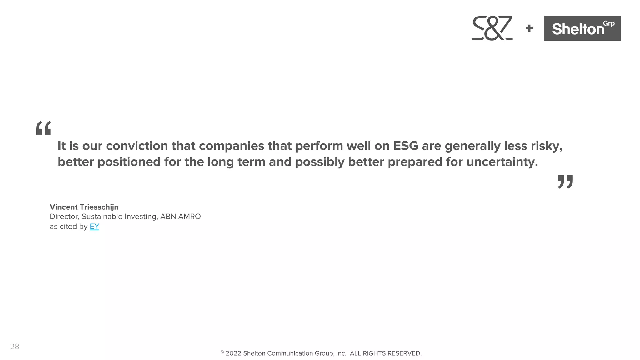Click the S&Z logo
492,28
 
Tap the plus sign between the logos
529,28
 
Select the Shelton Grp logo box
582,28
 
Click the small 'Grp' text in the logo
608,24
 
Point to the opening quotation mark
43,128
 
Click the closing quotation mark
565,182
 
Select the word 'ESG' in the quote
405,146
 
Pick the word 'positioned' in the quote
129,162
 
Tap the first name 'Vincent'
64,207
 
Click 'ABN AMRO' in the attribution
180,217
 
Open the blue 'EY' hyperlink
94,227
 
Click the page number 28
15,347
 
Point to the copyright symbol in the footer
222,352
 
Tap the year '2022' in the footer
233,353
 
